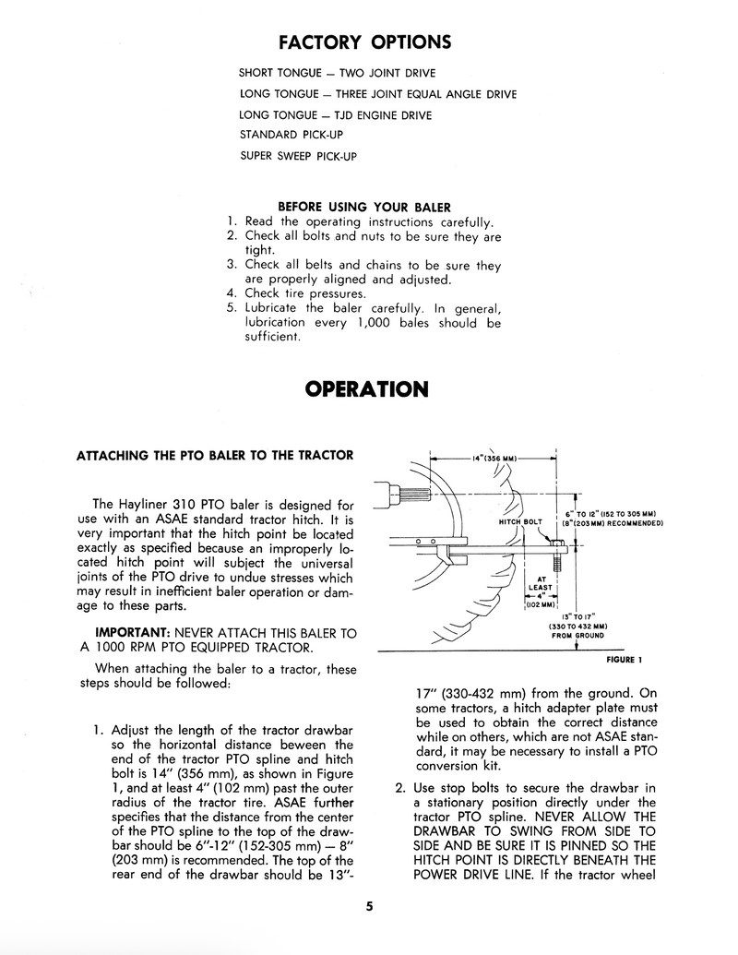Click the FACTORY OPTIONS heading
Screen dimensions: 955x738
(364, 42)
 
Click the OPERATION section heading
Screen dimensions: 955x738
(366, 389)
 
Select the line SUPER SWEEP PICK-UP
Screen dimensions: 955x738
(297, 156)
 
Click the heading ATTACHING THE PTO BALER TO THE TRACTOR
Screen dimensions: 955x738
(213, 456)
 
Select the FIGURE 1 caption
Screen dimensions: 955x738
(624, 661)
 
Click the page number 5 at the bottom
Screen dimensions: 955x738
(368, 905)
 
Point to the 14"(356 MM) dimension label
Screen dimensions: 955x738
(494, 458)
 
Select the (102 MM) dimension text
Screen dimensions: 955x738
(540, 604)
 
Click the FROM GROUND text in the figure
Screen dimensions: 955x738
(578, 635)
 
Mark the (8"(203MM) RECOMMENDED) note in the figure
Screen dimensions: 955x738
(613, 523)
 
